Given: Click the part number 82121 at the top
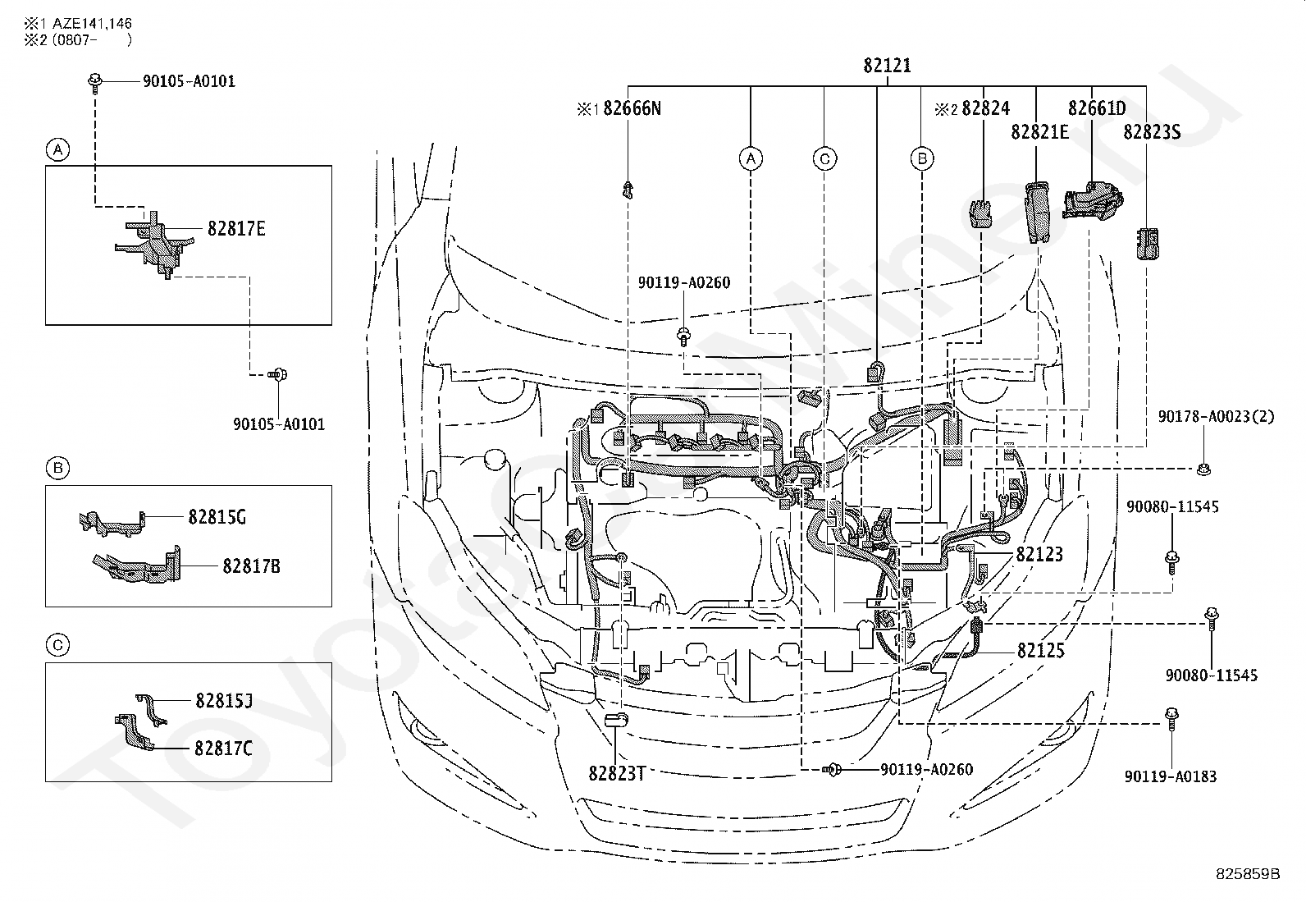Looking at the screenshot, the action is tap(887, 66).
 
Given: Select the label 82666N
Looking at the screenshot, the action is tap(632, 108).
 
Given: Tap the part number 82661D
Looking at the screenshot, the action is tap(1097, 108).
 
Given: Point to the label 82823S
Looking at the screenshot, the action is tap(1152, 132).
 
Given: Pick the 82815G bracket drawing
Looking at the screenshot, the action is tap(112, 523).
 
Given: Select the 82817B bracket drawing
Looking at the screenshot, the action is tap(138, 564).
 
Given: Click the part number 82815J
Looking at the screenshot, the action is tap(224, 700).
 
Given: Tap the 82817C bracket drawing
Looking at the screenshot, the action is tap(134, 731).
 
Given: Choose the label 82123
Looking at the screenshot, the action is tap(1039, 554).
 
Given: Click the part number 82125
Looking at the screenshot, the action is tap(1041, 650).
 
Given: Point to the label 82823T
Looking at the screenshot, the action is tap(617, 773).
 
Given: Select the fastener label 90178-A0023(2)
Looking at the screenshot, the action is tap(1216, 417).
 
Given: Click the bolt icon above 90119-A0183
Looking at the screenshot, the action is tap(1171, 718).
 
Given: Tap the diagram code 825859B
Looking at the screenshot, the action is tap(1248, 873).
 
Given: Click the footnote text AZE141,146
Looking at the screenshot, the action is tap(92, 23).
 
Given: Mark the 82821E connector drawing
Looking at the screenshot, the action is tap(1037, 212).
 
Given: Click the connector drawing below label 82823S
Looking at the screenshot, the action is tap(1148, 244).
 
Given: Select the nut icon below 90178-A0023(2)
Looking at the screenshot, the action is tap(1203, 469).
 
